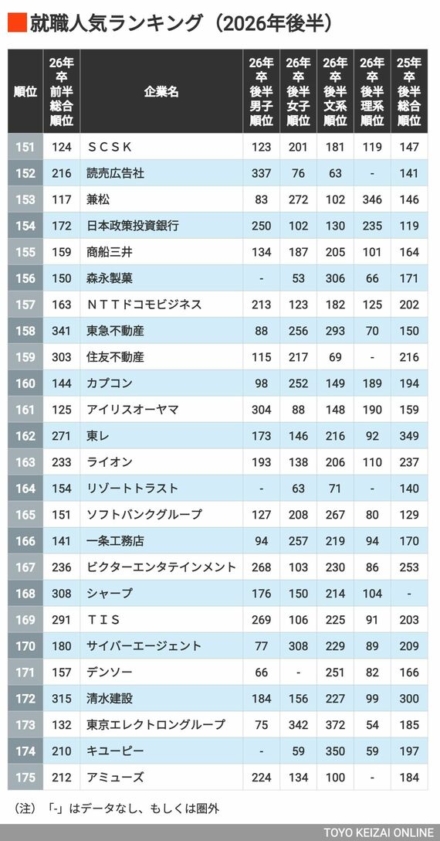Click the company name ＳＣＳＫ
(109, 147)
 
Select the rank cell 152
(25, 173)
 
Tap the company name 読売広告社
(115, 173)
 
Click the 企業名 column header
(161, 92)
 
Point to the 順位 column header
(25, 92)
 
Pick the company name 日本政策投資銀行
(132, 226)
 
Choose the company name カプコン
(110, 383)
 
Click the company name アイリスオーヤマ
(132, 410)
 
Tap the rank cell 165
(25, 515)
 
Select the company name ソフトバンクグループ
(144, 515)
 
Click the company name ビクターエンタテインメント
(161, 567)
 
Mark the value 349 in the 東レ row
(409, 436)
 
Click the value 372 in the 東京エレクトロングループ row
(335, 725)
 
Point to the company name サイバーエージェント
(144, 646)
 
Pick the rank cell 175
(25, 778)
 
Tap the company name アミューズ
(115, 778)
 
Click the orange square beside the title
(17, 23)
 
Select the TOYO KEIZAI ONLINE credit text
(378, 833)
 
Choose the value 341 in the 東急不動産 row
(62, 331)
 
